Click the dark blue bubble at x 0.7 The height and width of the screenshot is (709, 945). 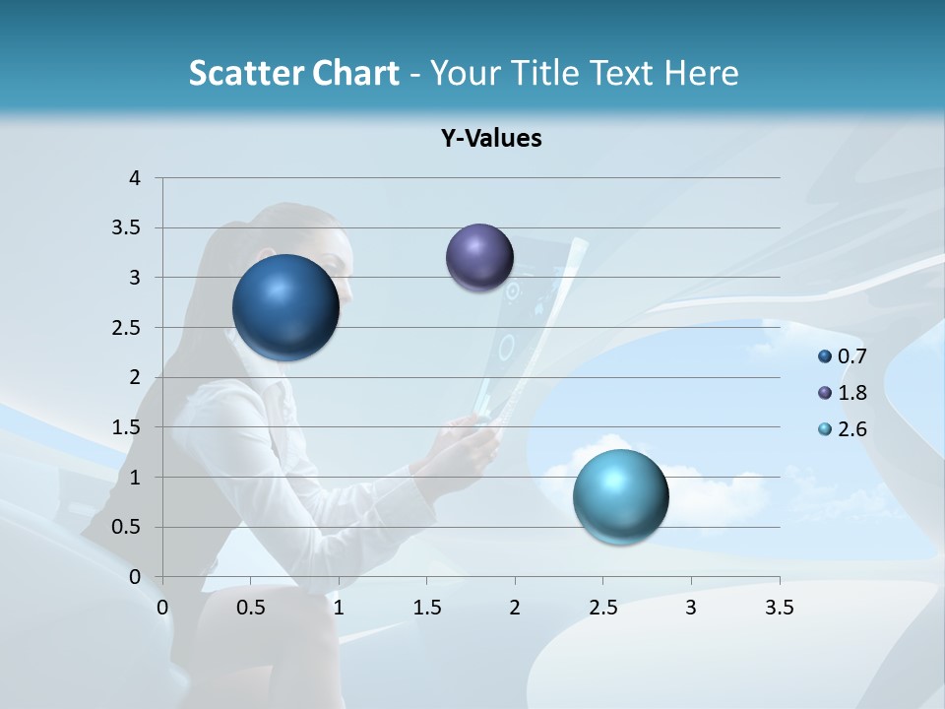coord(286,307)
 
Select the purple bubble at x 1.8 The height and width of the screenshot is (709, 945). coord(479,258)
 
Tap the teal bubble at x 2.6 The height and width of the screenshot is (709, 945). coord(620,496)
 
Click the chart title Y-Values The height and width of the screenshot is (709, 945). coord(491,139)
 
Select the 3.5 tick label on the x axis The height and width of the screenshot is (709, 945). coord(779,608)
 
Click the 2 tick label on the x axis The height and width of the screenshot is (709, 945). coord(515,608)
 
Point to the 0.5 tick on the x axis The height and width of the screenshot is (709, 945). coord(251,608)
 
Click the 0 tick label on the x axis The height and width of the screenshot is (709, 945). coord(163,608)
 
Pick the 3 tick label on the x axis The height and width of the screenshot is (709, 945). coord(691,608)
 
